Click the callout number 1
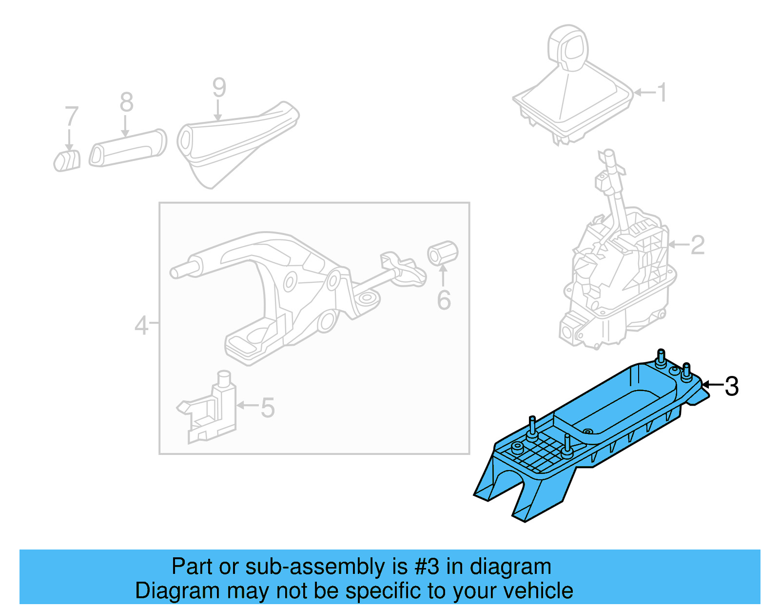[662, 93]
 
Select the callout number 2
[698, 245]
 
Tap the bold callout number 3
[731, 386]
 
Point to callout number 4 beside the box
[141, 325]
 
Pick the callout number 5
[268, 408]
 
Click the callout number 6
[444, 300]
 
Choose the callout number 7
[72, 117]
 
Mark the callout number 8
[126, 102]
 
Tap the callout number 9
[219, 88]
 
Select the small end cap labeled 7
[67, 161]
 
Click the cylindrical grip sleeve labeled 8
[128, 148]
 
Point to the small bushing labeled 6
[443, 253]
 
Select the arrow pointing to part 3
[712, 385]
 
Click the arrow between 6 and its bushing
[443, 275]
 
